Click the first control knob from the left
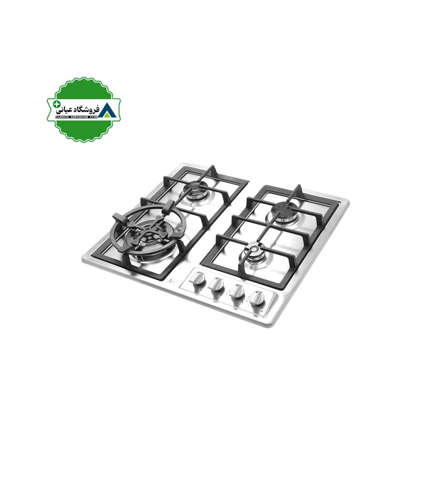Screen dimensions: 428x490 coord(198,278)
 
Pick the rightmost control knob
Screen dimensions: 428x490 coord(256,298)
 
